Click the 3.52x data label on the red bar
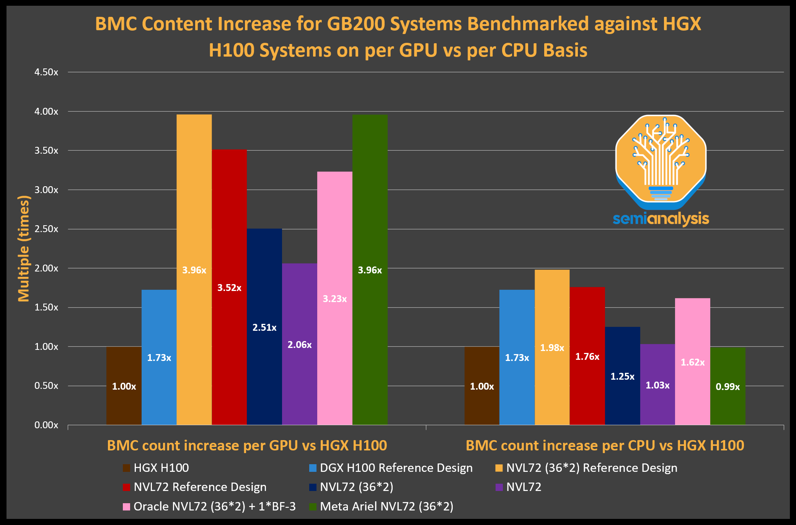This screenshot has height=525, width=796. (229, 288)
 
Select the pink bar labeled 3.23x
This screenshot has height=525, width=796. (335, 298)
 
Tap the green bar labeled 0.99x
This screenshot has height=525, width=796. (727, 386)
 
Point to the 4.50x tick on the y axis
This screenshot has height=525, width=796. (46, 72)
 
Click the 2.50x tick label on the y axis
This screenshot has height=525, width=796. (46, 229)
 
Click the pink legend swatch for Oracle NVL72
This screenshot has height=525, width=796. (126, 507)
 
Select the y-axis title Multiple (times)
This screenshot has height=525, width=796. (24, 249)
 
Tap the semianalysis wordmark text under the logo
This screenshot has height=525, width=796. (661, 219)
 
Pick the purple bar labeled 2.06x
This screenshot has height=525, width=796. (300, 344)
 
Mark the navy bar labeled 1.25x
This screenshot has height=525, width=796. (622, 376)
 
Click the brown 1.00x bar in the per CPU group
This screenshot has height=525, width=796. (482, 386)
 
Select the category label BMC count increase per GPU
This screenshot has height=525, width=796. (247, 445)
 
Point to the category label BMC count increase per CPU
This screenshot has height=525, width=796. (605, 445)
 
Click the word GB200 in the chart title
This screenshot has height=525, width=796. (356, 24)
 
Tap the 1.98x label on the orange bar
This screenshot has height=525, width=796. (552, 348)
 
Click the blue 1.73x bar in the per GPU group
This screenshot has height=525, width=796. (159, 358)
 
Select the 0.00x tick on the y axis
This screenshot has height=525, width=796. (46, 425)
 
